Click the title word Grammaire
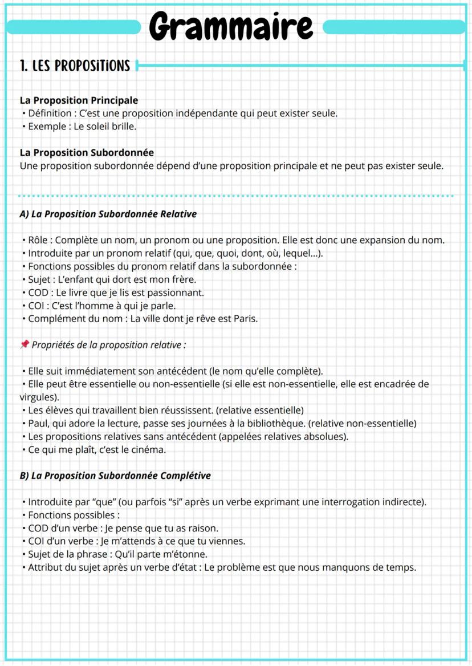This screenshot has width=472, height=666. (231, 26)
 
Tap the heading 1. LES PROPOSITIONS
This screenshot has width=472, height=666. (75, 66)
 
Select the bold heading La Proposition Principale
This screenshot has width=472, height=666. (79, 100)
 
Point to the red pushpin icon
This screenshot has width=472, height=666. (24, 345)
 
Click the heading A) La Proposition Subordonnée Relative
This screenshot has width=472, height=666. (108, 214)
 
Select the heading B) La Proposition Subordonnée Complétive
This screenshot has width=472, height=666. (115, 476)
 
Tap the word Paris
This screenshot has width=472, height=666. (246, 319)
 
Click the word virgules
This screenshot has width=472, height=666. (38, 397)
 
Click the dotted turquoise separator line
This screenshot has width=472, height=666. (236, 196)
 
